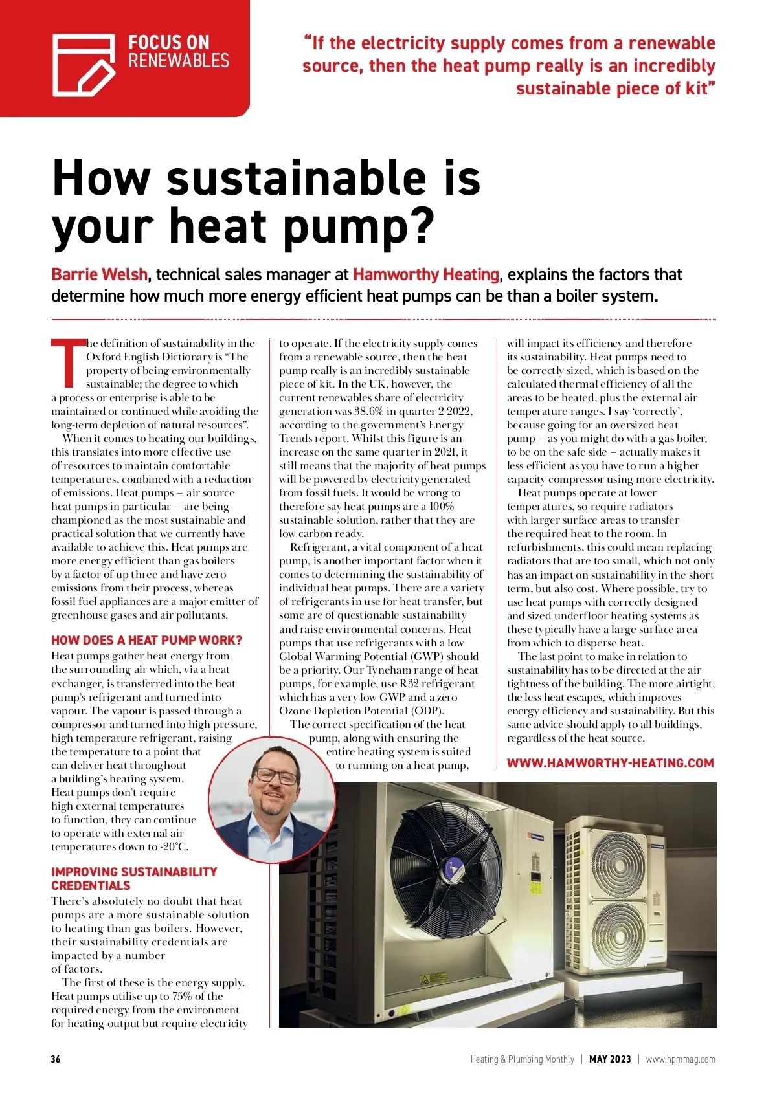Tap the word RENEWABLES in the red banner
[179, 61]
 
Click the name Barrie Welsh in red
[99, 274]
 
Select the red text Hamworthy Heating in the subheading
[426, 274]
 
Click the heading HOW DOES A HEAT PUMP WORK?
[146, 640]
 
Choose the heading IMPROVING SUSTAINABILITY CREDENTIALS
[134, 879]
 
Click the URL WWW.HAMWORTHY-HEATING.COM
[610, 763]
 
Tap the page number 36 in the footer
[56, 1059]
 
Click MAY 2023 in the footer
[609, 1059]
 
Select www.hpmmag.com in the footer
[681, 1059]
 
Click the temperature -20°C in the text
[173, 846]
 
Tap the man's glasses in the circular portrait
[277, 775]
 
